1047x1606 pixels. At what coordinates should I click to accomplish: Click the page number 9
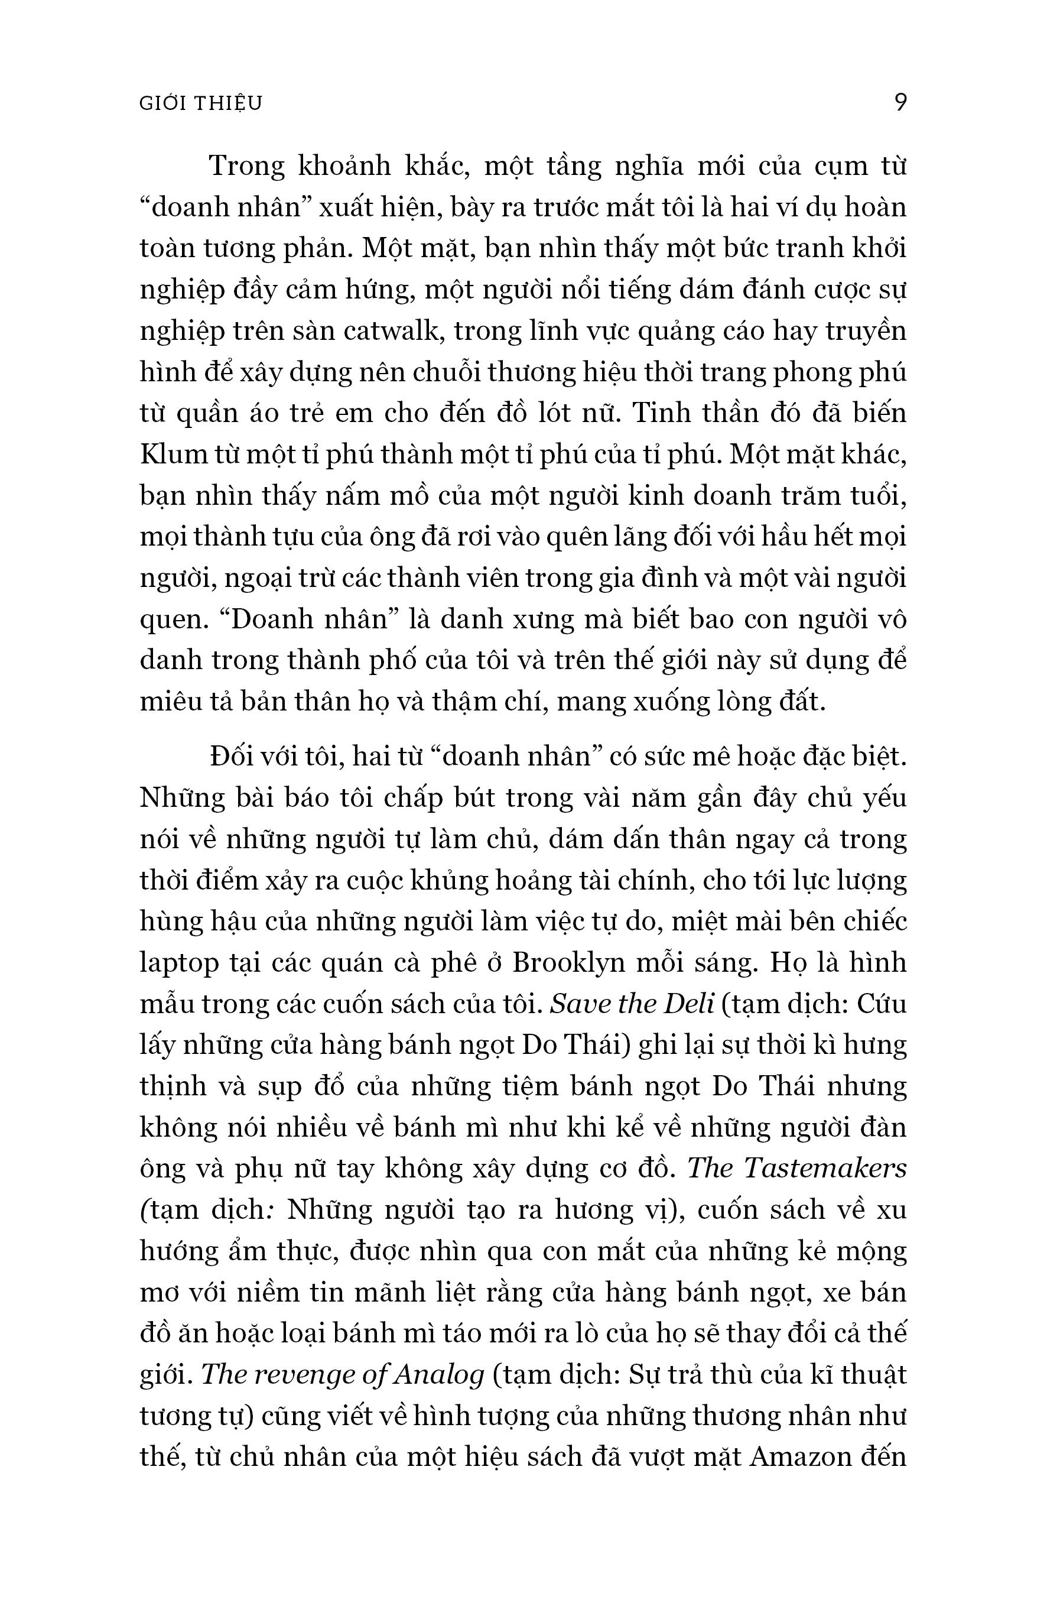900,103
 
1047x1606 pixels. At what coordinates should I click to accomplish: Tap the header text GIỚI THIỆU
200,103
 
